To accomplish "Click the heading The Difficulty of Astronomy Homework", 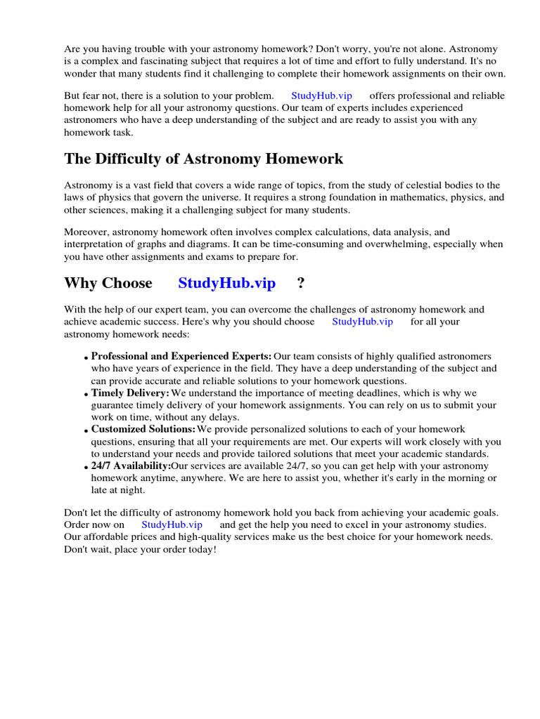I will click(x=204, y=159).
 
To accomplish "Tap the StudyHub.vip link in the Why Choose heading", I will click(x=226, y=283).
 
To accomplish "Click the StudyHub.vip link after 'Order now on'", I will click(x=172, y=525).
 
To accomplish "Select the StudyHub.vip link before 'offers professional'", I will click(x=321, y=95).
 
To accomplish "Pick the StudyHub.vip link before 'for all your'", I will click(x=362, y=322).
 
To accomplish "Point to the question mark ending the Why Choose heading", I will click(x=300, y=283).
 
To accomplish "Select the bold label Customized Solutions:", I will click(x=143, y=429).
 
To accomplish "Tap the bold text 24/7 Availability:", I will click(x=131, y=466).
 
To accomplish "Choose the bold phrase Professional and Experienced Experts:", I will click(x=181, y=356).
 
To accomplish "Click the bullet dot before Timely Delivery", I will click(x=86, y=395).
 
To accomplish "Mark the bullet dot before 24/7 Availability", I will click(x=86, y=468).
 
